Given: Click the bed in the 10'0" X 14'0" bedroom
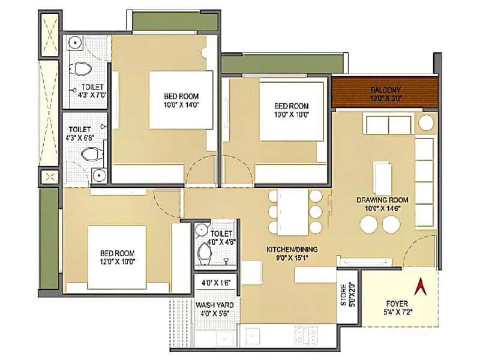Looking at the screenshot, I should click(x=181, y=100).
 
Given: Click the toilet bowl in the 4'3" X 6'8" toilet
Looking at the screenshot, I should click(x=91, y=155).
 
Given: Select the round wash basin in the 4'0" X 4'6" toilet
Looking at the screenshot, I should click(x=201, y=230).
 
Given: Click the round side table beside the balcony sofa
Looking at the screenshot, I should click(x=426, y=124).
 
